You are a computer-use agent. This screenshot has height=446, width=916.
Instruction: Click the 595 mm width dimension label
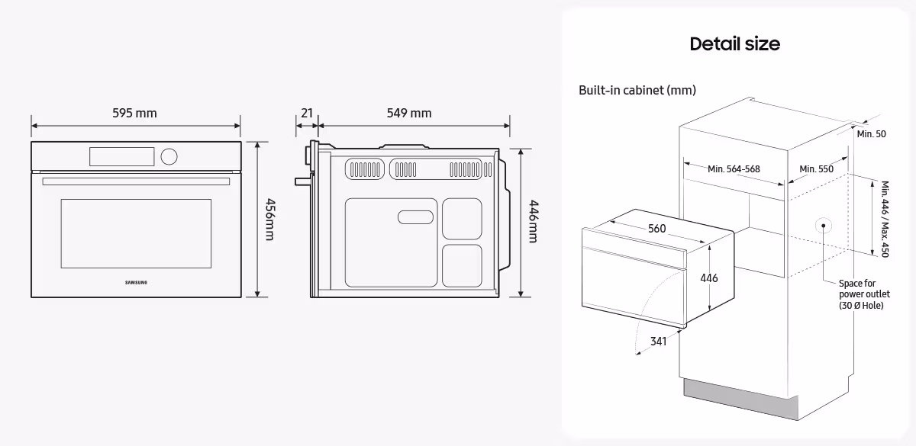click(x=134, y=114)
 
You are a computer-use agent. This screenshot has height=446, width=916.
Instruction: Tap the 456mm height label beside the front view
click(x=269, y=220)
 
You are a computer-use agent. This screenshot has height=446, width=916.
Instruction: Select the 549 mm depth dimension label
click(x=409, y=114)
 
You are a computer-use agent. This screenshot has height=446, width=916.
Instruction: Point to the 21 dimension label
click(x=307, y=114)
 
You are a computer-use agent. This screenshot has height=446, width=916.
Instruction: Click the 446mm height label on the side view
click(x=533, y=222)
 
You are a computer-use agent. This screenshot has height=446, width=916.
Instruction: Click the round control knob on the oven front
click(x=169, y=156)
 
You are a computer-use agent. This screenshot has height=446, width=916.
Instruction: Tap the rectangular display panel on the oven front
click(x=122, y=156)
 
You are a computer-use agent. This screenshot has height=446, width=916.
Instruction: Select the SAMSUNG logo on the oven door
click(x=136, y=283)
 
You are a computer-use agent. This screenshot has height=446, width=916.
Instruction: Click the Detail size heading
click(x=734, y=44)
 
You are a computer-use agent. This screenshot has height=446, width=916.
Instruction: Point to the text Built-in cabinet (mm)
click(x=637, y=91)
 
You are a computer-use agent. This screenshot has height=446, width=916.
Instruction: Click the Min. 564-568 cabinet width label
click(x=733, y=169)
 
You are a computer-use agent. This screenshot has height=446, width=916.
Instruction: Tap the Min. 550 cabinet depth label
click(x=816, y=169)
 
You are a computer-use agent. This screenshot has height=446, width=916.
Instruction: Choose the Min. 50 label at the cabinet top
click(x=871, y=134)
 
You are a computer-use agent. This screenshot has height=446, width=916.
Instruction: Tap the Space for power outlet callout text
click(x=864, y=294)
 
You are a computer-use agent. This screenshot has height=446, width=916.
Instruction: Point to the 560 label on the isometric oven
click(x=656, y=229)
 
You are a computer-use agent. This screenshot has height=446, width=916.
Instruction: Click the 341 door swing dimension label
click(x=659, y=341)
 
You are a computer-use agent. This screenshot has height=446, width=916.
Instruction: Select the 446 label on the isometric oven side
click(x=709, y=278)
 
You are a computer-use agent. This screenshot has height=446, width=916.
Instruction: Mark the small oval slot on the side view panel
click(x=415, y=217)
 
